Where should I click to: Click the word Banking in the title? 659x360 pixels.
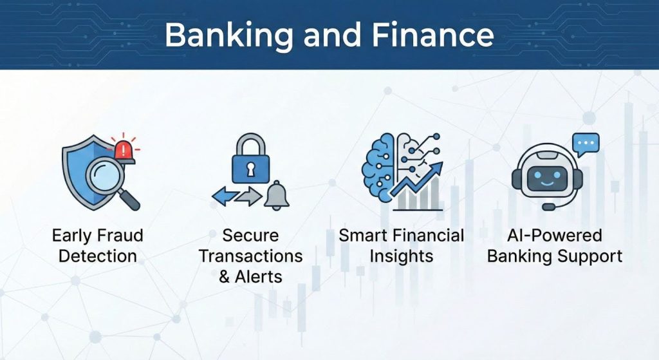223,35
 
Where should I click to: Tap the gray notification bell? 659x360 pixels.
277,195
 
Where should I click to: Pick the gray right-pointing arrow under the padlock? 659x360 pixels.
247,196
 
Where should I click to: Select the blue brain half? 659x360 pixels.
379,164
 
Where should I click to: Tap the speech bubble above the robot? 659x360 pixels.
585,144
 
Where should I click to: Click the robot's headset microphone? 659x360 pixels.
548,207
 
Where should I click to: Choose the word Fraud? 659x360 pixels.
121,235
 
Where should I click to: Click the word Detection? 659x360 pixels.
98,256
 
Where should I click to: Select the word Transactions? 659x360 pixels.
250,256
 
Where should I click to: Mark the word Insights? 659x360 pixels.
401,256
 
